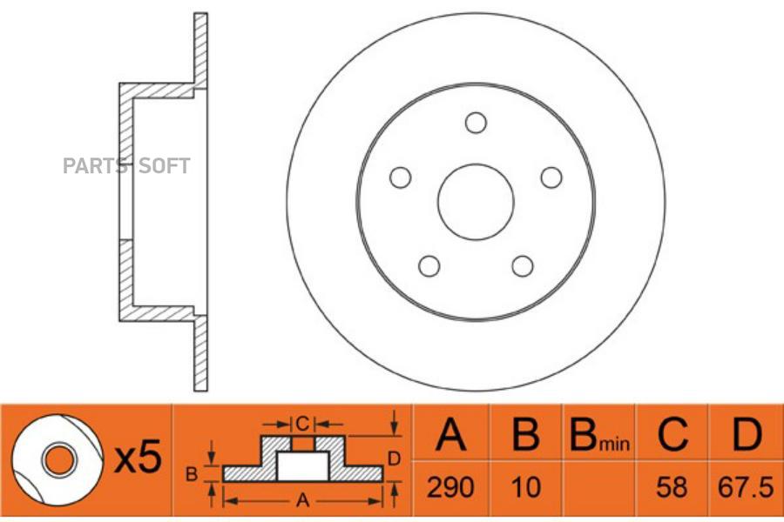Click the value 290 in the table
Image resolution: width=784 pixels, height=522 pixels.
click(x=450, y=487)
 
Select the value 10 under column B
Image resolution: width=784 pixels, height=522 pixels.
click(x=526, y=487)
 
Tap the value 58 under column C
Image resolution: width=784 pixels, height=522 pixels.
click(x=672, y=487)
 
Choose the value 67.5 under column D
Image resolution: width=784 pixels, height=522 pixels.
click(x=746, y=487)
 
